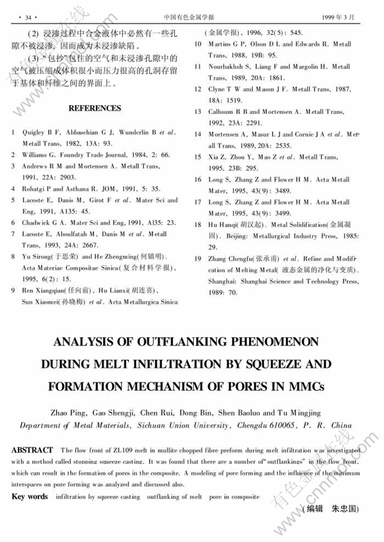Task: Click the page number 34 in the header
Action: click(x=27, y=16)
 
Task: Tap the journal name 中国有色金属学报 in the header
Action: click(x=192, y=16)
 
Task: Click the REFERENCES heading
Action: click(x=95, y=108)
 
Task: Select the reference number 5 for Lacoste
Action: click(x=13, y=200)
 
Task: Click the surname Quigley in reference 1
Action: click(x=33, y=133)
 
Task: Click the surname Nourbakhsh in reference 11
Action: click(x=226, y=67)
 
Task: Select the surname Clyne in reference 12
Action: click(x=217, y=89)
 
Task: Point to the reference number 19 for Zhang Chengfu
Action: click(x=198, y=259)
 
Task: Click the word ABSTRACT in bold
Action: click(x=32, y=450)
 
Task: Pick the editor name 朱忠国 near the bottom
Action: click(x=345, y=509)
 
